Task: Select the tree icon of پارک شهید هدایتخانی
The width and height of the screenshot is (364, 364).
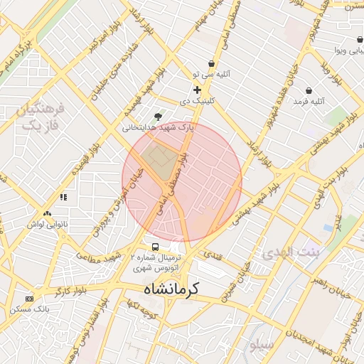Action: [x=158, y=117]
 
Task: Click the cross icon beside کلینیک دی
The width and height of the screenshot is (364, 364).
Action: [x=197, y=90]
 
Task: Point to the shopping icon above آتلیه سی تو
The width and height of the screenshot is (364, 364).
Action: [x=211, y=64]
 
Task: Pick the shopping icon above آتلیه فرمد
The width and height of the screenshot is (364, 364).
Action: [x=309, y=91]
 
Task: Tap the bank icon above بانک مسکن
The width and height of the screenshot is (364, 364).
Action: [x=29, y=299]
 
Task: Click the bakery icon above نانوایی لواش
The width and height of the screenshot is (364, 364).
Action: [x=47, y=213]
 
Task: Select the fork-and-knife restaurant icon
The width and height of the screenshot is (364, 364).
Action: [x=63, y=197]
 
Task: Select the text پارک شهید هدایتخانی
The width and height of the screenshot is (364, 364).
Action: [x=158, y=129]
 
